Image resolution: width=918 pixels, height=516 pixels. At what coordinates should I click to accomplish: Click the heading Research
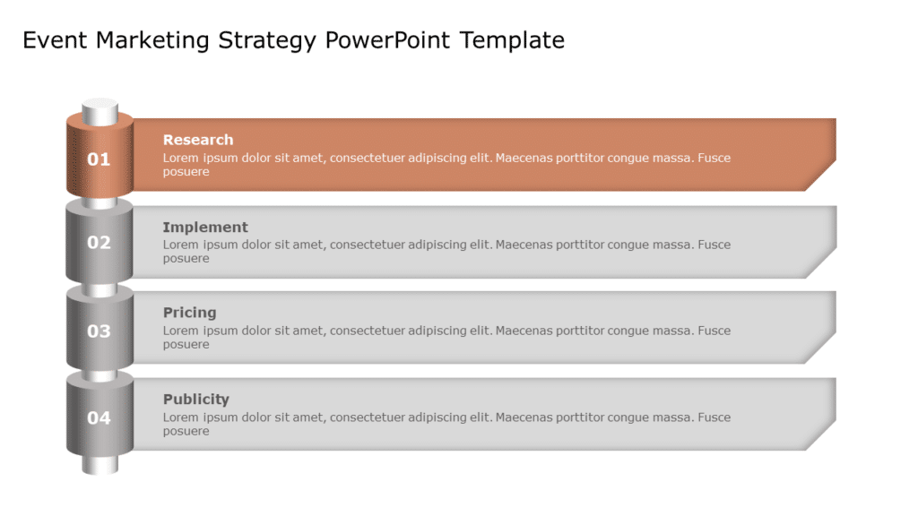coord(197,140)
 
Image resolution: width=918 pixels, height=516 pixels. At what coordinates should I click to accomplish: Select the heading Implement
coord(205,228)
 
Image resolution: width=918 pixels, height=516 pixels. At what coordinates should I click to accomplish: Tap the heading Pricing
coord(189,313)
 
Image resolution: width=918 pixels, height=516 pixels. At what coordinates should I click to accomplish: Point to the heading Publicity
coord(195,400)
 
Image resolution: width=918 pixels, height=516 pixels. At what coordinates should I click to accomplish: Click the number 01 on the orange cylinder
coord(99,159)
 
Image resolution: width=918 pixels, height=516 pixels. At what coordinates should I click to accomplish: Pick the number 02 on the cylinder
coord(99,243)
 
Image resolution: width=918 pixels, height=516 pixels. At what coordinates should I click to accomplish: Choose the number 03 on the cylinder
coord(99,331)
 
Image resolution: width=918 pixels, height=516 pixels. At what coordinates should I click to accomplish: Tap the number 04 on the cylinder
coord(99,418)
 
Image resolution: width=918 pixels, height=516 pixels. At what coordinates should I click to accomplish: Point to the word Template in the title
coord(513,40)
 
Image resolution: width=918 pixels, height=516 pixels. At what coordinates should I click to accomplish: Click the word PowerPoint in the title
coord(389,40)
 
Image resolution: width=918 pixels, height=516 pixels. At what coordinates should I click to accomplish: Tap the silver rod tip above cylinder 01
coord(100,111)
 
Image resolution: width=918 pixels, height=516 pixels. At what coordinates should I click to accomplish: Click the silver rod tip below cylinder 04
coord(100,464)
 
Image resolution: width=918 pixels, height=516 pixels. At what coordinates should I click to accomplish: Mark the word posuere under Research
coord(186,172)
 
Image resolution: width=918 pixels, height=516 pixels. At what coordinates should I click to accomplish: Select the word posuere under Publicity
coord(186,431)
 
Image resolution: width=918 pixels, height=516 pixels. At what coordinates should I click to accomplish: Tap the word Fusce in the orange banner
coord(714,158)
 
